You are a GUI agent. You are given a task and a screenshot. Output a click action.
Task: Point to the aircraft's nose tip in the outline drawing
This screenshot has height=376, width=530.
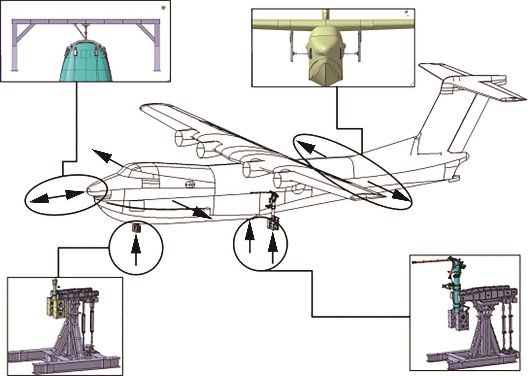(88, 190)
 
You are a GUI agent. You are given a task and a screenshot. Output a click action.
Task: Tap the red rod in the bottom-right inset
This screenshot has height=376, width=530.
(430, 261)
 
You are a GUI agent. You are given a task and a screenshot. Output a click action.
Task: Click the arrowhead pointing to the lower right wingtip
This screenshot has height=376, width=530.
(400, 195)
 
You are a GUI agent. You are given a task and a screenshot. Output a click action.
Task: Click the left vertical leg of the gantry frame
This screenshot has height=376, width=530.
(14, 47)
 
